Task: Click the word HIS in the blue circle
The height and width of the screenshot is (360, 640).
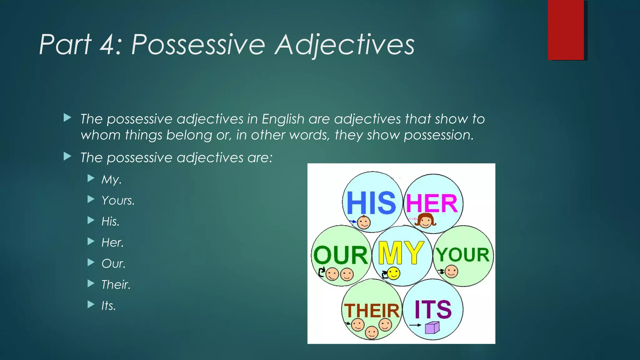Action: [x=371, y=203]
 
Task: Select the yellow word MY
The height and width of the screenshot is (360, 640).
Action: [x=401, y=253]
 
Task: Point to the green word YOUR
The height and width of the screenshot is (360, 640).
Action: [x=463, y=255]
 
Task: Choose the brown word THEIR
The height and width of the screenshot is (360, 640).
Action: [x=372, y=311]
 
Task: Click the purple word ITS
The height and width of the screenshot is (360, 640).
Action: [x=433, y=309]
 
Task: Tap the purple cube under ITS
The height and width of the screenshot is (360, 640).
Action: [x=432, y=328]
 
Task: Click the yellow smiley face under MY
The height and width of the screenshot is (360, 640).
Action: [x=393, y=273]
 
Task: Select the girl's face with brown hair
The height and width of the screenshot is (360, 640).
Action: [x=425, y=221]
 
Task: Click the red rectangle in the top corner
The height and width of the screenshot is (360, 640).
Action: [x=566, y=30]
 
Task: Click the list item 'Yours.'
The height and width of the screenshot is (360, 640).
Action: [x=118, y=200]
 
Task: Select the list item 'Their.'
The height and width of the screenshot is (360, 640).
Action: [x=116, y=284]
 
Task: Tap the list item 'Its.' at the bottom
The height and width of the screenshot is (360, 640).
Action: [x=108, y=306]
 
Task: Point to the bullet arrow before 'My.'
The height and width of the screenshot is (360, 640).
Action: [x=91, y=178]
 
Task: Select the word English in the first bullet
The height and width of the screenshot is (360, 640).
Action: [x=283, y=119]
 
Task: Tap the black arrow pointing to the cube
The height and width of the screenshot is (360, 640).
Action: [x=415, y=325]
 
